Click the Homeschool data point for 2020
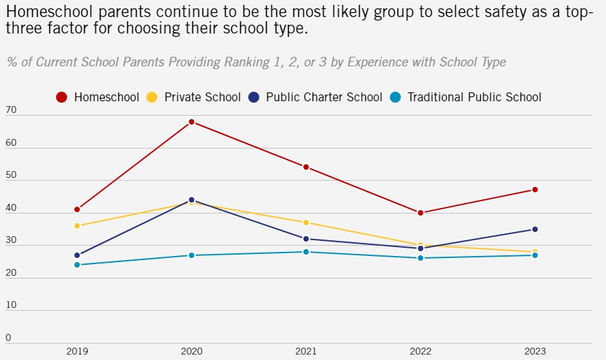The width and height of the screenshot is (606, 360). [192, 122]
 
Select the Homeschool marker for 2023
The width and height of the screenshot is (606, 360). [535, 190]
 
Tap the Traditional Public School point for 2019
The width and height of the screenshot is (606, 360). [77, 265]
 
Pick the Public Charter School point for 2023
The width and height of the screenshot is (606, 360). [535, 229]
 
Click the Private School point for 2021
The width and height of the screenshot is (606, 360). [306, 222]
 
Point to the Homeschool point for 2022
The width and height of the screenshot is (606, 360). [421, 213]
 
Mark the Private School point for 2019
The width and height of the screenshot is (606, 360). [77, 226]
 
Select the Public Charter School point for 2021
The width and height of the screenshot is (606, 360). [306, 239]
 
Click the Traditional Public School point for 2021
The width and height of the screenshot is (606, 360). [306, 252]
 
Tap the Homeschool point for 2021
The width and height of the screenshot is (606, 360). [306, 167]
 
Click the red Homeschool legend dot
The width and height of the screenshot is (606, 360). [62, 97]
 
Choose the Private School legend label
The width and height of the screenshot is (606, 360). [202, 97]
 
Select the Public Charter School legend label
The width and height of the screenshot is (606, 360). [324, 97]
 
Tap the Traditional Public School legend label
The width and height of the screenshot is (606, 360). [474, 97]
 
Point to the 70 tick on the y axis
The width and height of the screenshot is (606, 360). [10, 110]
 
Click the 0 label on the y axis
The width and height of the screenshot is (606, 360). [8, 337]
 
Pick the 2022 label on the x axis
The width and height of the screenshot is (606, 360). [421, 351]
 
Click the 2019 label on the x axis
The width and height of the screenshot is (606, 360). [77, 351]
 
